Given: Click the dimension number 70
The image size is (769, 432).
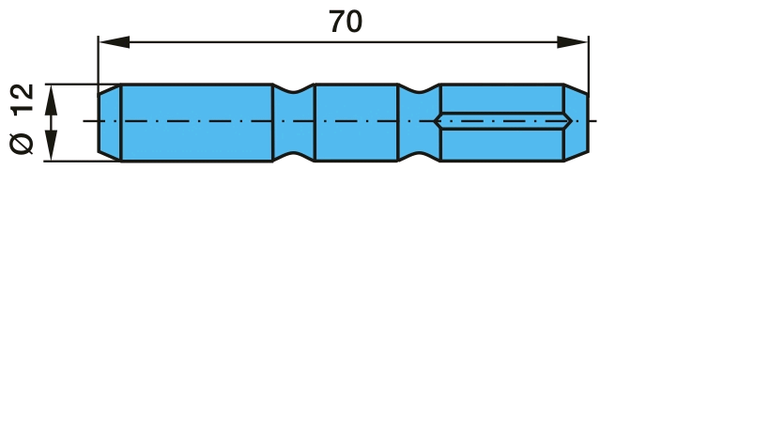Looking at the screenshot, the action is click(346, 22).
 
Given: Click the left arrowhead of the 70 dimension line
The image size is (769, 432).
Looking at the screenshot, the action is click(115, 42).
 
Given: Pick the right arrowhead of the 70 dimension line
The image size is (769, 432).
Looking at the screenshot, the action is click(573, 42).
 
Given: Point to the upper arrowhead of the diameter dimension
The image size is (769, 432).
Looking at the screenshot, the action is click(51, 100).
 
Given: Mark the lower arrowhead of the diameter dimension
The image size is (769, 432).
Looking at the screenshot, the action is click(51, 145).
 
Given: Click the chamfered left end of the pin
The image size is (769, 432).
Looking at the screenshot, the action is click(110, 123).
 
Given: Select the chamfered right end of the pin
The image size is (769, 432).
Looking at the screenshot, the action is click(576, 123).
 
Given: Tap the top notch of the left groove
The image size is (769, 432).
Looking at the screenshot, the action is click(293, 89).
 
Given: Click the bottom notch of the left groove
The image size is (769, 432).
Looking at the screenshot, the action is click(293, 157).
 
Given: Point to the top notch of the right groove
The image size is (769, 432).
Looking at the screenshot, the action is click(420, 89).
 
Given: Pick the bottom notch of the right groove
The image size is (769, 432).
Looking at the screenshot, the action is click(420, 157).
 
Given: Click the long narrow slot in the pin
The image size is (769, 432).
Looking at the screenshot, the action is click(503, 120).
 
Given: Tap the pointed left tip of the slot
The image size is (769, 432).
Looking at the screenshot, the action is click(435, 120).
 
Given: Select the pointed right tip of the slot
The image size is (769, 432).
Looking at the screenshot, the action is click(572, 120).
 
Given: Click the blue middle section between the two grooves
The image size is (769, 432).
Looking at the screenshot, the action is click(356, 123).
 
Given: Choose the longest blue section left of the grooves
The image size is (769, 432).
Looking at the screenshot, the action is click(196, 123).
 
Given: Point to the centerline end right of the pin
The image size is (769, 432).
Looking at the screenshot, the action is click(596, 120).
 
